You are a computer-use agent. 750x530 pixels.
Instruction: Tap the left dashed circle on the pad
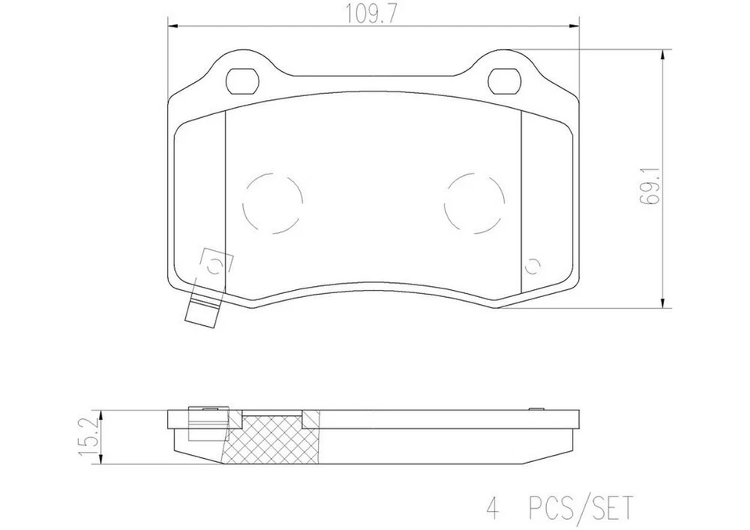click(x=272, y=202)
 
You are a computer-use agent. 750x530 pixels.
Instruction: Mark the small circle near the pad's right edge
click(x=533, y=266)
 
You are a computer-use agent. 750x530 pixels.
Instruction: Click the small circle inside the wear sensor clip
click(x=217, y=263)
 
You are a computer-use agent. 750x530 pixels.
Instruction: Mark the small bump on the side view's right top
click(x=536, y=407)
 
